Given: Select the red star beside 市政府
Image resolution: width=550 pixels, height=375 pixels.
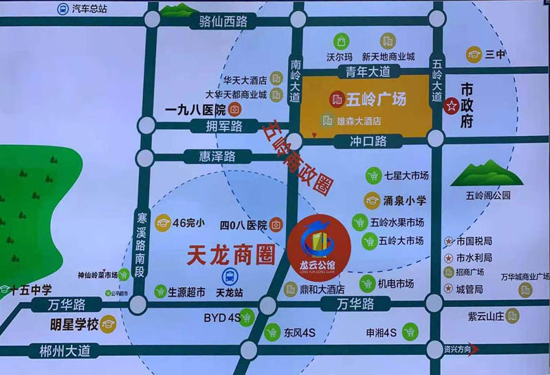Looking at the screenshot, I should pos(452,106).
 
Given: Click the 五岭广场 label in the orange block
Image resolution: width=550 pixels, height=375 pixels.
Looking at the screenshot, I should pos(377,100).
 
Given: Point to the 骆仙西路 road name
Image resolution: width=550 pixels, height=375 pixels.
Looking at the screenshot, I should pos(223,21).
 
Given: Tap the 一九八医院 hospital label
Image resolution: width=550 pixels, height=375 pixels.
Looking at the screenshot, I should pos(196,109).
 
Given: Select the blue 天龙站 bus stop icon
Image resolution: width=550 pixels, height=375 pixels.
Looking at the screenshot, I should pos(229,277).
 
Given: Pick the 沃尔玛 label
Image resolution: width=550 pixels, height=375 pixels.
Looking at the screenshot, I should pos(340,56).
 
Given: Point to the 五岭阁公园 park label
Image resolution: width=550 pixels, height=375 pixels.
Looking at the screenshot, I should pos(488,195).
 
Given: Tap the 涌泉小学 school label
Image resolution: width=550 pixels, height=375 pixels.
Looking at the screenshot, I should pos(404,201).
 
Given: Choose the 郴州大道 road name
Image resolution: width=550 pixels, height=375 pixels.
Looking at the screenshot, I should pos(60,351).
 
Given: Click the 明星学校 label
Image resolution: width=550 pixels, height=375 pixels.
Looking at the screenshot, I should pos(70,323).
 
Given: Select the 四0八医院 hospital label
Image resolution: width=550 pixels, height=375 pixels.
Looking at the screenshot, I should pos(243,225).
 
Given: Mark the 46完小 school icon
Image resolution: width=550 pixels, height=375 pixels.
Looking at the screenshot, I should pos(162,223).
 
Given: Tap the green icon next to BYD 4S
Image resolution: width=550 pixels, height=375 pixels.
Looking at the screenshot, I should pos(247,318).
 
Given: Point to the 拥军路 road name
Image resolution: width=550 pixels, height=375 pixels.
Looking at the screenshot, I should pos(224,126).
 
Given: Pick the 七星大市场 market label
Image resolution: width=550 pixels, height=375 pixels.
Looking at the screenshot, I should pos(406,176).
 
